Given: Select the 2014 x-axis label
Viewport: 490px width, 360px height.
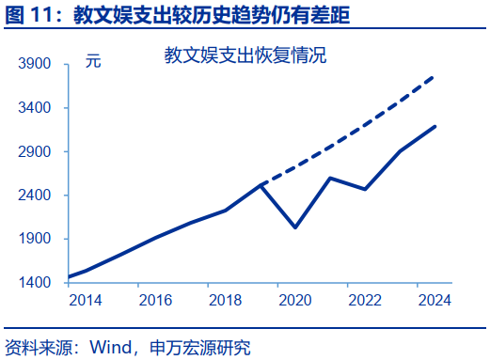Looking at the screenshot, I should [86, 301].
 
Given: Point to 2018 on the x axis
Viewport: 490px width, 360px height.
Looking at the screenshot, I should [226, 301].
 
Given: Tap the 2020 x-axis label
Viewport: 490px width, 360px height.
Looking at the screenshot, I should [295, 301].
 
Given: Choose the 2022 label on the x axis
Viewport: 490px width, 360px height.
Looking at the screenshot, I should [365, 301].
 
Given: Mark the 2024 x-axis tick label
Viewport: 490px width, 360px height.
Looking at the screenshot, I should [435, 301].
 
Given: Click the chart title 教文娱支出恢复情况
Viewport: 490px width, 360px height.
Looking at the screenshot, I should [245, 55].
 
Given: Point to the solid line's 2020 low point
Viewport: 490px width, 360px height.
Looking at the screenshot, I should [295, 227].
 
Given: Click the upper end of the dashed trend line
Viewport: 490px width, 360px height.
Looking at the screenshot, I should [434, 77].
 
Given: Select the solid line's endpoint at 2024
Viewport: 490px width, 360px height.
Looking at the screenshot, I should [435, 126].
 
